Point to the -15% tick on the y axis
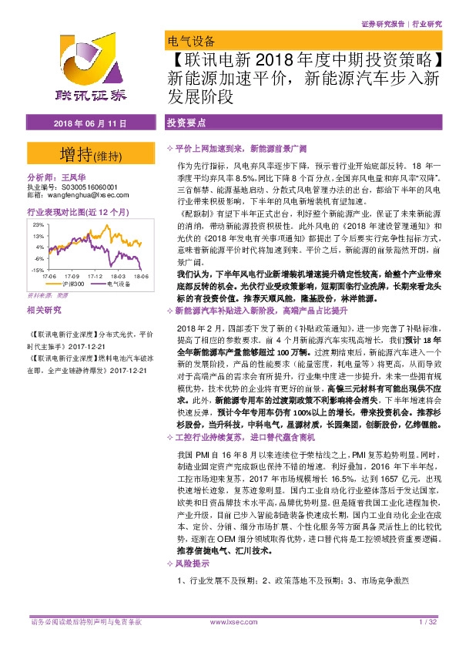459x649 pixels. (37, 271)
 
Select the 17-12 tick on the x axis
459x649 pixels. (95, 275)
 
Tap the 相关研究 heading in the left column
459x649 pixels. (43, 310)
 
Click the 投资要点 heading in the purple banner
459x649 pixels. (184, 123)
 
